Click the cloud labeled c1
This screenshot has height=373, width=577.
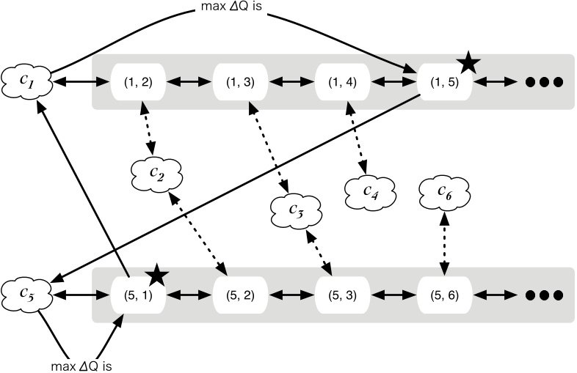(x=26, y=81)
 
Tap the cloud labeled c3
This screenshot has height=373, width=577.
(x=296, y=210)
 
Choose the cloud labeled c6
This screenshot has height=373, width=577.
(x=443, y=191)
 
